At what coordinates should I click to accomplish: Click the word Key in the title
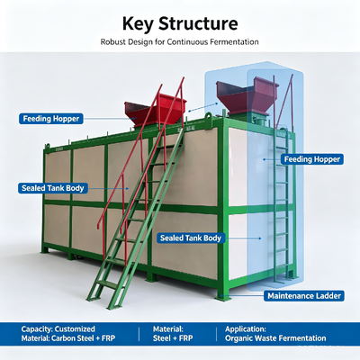point(138,24)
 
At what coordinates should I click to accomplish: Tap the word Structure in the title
point(198,23)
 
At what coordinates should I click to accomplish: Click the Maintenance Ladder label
point(304,296)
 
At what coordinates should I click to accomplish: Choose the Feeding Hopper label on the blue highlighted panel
point(312,159)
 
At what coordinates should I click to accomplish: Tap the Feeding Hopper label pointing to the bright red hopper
point(51,119)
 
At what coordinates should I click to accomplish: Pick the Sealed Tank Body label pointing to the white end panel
point(191,238)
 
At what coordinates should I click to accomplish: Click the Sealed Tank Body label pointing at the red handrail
point(53,188)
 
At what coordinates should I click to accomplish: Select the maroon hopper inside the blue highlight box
point(247,95)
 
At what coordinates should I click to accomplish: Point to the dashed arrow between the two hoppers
point(203,107)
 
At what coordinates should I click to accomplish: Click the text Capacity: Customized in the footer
point(58,328)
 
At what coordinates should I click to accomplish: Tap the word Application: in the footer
point(246,328)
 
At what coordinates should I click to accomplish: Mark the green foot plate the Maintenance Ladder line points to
point(222,298)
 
